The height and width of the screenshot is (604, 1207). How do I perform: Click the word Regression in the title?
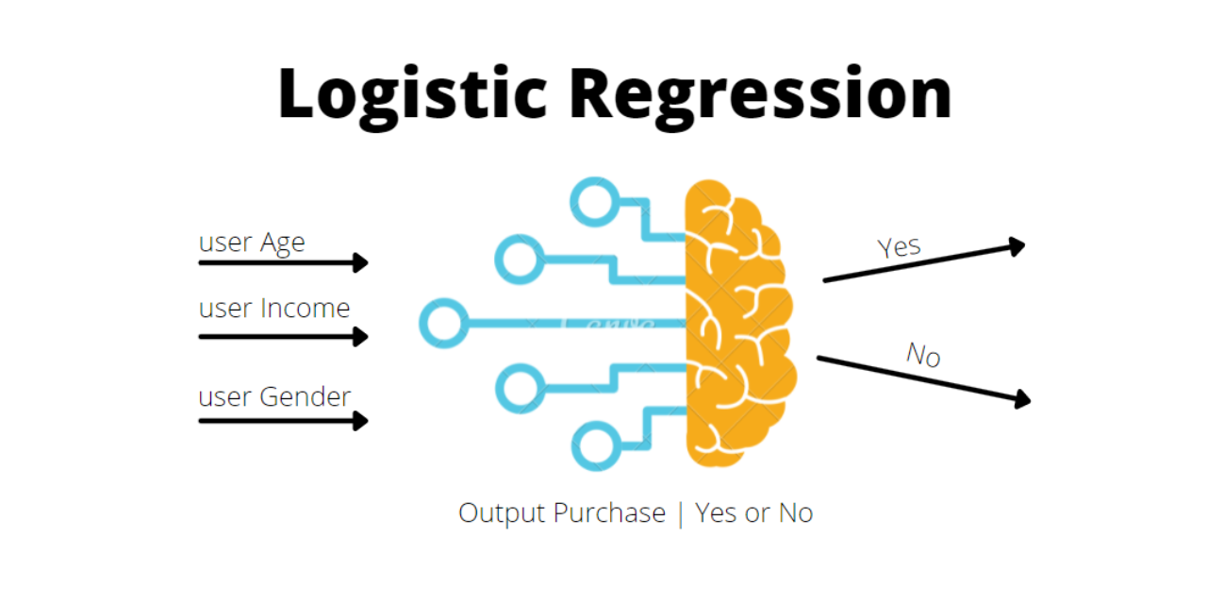click(761, 94)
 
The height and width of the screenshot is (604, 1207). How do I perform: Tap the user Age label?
click(252, 243)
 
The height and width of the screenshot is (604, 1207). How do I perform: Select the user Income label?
click(274, 309)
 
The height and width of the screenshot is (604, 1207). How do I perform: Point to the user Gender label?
click(274, 396)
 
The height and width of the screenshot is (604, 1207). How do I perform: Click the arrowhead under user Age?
click(360, 263)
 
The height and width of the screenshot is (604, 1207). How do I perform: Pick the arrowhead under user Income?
click(360, 336)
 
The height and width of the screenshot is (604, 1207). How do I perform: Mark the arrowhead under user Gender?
click(360, 421)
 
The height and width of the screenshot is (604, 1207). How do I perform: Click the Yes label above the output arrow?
click(900, 247)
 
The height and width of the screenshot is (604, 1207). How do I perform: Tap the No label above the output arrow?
click(923, 355)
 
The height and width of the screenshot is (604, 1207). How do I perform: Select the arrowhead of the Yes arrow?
click(1017, 246)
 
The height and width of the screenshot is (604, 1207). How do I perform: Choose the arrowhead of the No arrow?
click(1021, 400)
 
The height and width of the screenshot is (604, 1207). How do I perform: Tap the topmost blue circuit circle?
click(595, 201)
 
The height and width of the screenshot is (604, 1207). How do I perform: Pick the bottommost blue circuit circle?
click(597, 446)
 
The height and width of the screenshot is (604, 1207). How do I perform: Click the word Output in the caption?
click(501, 513)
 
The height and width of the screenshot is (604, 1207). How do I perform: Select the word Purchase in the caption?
click(609, 513)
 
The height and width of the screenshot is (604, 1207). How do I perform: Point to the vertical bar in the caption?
click(680, 514)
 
